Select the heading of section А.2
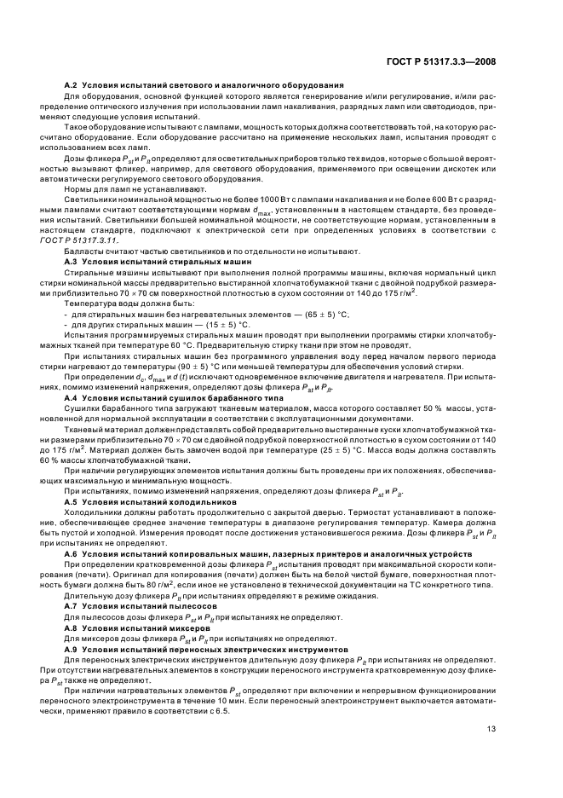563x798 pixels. (x=204, y=85)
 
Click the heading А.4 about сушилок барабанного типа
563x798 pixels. (x=181, y=399)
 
